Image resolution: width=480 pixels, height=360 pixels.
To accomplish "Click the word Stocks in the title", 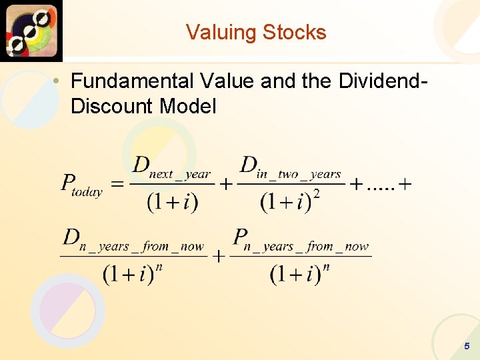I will click(295, 33).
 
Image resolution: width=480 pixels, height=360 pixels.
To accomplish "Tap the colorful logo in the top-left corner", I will click(31, 30).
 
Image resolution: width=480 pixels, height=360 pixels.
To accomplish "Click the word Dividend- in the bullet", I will click(381, 81).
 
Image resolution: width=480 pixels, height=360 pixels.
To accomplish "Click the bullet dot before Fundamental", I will click(59, 82).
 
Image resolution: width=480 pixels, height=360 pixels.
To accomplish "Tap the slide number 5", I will click(467, 346).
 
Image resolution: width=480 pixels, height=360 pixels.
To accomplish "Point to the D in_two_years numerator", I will click(291, 168).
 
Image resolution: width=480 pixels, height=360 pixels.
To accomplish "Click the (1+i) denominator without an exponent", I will click(172, 201).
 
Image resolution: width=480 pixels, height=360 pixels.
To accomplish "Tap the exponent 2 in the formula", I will click(315, 193).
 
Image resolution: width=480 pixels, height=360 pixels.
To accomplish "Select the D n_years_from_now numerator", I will click(133, 241).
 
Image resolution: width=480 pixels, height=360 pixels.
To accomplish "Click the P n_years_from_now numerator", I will click(301, 241).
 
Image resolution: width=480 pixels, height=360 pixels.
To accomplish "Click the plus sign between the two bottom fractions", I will click(218, 257).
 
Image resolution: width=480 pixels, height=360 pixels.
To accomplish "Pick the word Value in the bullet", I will click(227, 81).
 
